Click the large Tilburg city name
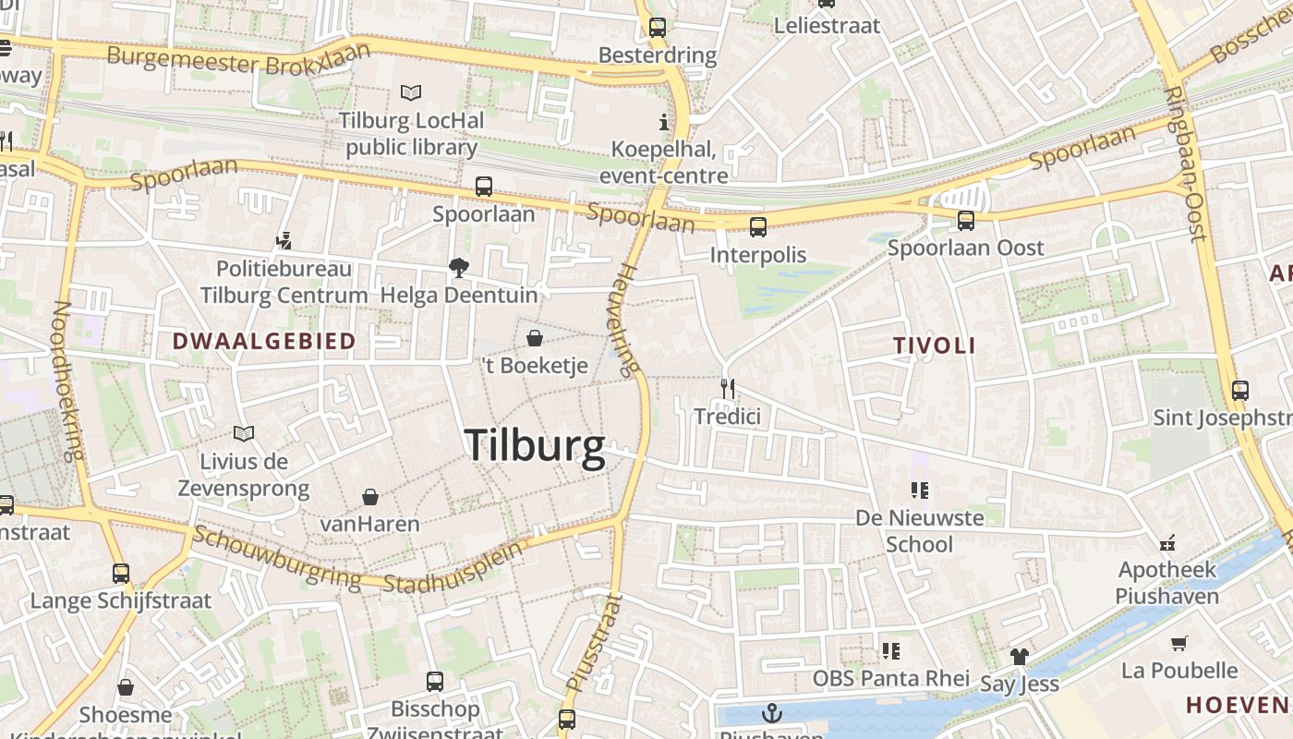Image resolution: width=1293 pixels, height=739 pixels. tap(535, 445)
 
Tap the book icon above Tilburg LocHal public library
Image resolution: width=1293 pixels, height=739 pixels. tap(411, 92)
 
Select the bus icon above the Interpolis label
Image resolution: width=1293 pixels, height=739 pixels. tap(758, 226)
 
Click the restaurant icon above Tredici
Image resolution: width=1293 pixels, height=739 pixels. tap(728, 388)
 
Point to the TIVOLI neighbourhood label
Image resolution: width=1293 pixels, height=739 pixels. tap(935, 345)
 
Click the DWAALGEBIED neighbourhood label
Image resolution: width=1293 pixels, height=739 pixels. tap(264, 341)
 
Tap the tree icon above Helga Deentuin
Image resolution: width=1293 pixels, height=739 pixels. tap(458, 268)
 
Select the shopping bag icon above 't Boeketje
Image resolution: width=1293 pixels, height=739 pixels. tap(534, 338)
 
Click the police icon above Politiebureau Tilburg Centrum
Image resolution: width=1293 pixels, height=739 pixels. tap(284, 241)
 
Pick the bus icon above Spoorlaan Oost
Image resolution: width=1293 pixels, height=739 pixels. tap(966, 220)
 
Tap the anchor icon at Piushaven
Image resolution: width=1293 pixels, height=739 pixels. tap(771, 713)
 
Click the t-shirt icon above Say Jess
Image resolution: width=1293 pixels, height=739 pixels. tap(1019, 657)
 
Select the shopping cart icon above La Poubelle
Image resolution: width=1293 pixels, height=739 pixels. tap(1178, 643)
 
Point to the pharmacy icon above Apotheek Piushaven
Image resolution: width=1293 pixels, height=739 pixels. tap(1167, 542)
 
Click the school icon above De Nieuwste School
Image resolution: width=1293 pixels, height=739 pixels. tap(919, 491)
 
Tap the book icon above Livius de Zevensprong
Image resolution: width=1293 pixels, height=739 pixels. tap(244, 433)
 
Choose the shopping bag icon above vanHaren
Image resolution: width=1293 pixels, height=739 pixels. tap(370, 497)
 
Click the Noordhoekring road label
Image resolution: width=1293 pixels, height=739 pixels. tap(68, 381)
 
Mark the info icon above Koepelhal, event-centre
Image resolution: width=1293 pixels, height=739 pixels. tap(663, 121)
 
